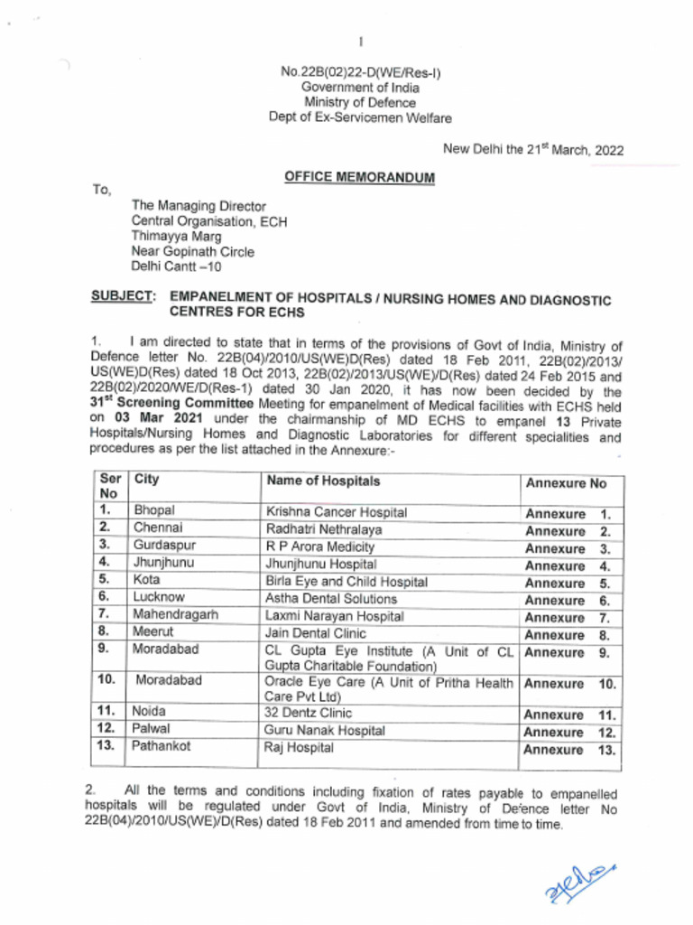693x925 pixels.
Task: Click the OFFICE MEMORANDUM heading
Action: click(x=359, y=178)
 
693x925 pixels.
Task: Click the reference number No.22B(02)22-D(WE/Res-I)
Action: click(x=360, y=71)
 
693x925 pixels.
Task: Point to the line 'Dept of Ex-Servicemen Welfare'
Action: click(x=360, y=117)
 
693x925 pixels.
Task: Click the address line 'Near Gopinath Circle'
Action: click(x=193, y=252)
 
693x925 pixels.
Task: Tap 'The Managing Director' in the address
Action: click(x=199, y=206)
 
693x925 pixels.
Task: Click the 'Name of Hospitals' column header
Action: click(x=323, y=481)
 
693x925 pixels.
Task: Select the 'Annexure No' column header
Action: click(x=566, y=483)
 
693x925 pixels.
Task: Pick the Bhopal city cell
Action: click(x=154, y=511)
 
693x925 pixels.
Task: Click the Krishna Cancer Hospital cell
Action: click(x=337, y=512)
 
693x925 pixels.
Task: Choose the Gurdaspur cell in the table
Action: click(x=164, y=546)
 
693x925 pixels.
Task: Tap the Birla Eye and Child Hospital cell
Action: click(x=346, y=581)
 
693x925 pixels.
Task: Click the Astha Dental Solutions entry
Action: click(x=331, y=598)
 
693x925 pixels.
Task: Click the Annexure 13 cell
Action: click(x=571, y=750)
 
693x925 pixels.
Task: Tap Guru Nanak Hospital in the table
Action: click(x=324, y=730)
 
